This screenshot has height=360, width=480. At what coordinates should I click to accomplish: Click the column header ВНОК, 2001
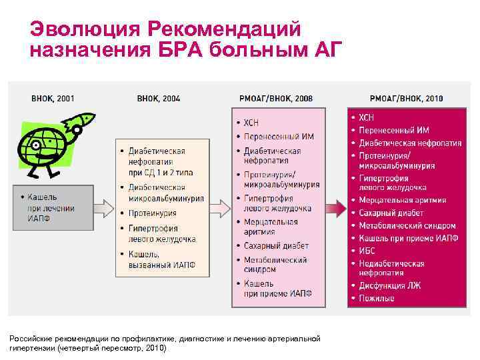(x=53, y=99)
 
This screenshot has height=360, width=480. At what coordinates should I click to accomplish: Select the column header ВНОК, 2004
(x=158, y=99)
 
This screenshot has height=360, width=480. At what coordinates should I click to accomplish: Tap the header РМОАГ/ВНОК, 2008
(x=275, y=99)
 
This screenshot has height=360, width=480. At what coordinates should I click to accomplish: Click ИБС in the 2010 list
(x=367, y=251)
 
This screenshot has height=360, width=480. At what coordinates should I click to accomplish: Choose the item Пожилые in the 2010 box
(x=377, y=298)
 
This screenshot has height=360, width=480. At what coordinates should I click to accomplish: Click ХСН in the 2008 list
(x=251, y=123)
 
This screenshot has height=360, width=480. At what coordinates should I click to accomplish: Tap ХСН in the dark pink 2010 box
(x=367, y=118)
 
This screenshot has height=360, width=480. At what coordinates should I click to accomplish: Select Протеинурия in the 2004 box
(x=153, y=213)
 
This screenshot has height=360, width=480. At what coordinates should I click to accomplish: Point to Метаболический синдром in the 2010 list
(x=407, y=226)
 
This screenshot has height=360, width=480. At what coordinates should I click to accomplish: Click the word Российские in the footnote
(x=31, y=339)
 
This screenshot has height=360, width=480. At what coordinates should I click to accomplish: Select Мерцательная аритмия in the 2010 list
(x=402, y=200)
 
